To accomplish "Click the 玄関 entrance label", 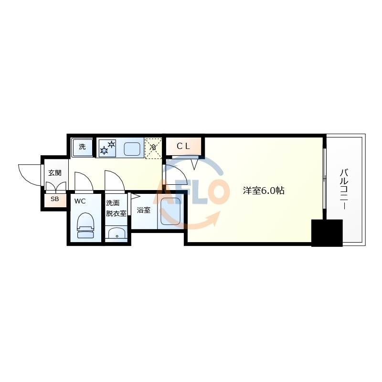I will pos(54,173).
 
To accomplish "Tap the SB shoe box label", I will pos(54,199).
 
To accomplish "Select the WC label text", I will pos(80,201).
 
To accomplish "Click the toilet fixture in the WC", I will pos(85,224).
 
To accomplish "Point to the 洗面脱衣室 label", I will pos(116,208).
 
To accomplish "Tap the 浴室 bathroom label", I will pos(143,210).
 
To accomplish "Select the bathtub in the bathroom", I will pos(171,212).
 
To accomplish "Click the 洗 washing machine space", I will pos(82,147).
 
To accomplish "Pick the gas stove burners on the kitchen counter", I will pos(107,147).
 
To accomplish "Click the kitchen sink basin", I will pos(132,149).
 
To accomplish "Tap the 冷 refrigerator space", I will pos(153,147).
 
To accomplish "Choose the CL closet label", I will pos(183,147).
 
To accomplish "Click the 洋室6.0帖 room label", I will pos(264,191).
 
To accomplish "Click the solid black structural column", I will pos(327,233).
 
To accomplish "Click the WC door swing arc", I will pos(84,181).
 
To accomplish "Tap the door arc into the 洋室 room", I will pos(175,173).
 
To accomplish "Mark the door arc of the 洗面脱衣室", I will pos(115,180).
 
